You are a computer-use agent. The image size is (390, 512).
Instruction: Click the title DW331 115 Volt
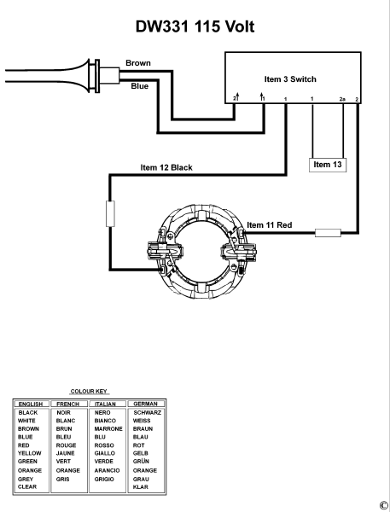point(195,26)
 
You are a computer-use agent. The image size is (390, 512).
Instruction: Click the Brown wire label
point(139,63)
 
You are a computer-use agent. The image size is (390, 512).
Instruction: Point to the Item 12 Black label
point(166,167)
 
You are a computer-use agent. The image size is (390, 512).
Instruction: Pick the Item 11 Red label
point(269,225)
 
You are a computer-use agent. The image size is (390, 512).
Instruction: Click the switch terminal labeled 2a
point(342,100)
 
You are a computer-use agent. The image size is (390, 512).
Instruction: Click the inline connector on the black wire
point(109,213)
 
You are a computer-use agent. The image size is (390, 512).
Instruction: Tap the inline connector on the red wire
point(329,231)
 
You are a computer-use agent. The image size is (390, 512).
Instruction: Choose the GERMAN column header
point(147,404)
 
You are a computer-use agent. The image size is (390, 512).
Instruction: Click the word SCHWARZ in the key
point(147,412)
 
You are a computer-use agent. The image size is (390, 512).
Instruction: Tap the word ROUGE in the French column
point(67,445)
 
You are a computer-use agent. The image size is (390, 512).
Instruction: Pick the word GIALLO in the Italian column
point(106,453)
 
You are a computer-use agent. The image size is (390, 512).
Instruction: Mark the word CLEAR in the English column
point(28,486)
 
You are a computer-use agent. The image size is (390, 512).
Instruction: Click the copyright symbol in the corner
point(383,505)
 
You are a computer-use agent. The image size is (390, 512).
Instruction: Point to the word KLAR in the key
point(141,486)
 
